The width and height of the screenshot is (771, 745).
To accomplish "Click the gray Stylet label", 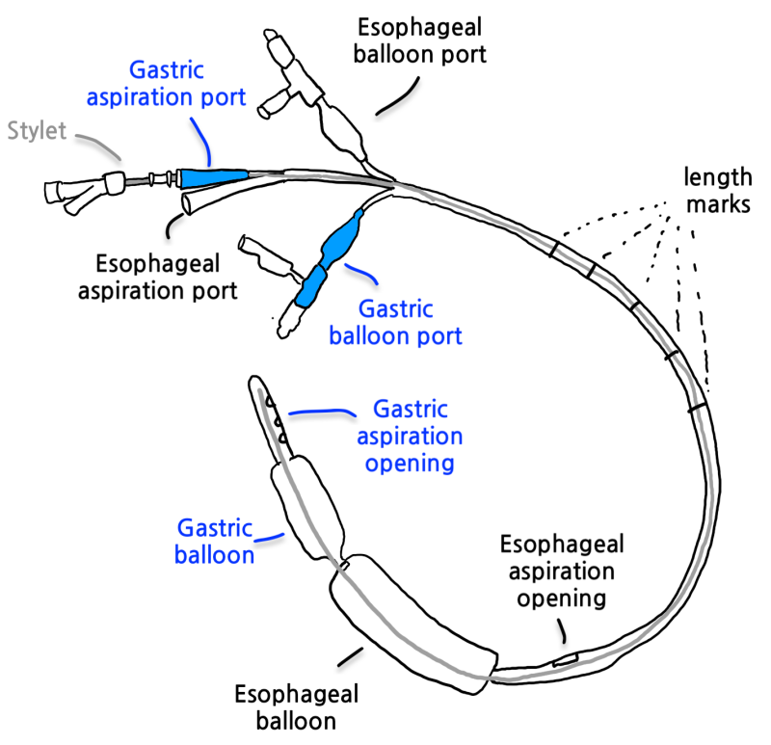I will [37, 130].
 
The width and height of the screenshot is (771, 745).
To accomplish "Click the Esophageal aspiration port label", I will [160, 276].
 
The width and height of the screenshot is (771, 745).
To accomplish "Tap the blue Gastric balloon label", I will [214, 541].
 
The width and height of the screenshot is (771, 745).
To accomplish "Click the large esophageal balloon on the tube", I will [410, 622].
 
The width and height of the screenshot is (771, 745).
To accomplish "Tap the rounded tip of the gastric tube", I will [255, 384].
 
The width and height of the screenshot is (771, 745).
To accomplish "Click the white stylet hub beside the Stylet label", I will [114, 179].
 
